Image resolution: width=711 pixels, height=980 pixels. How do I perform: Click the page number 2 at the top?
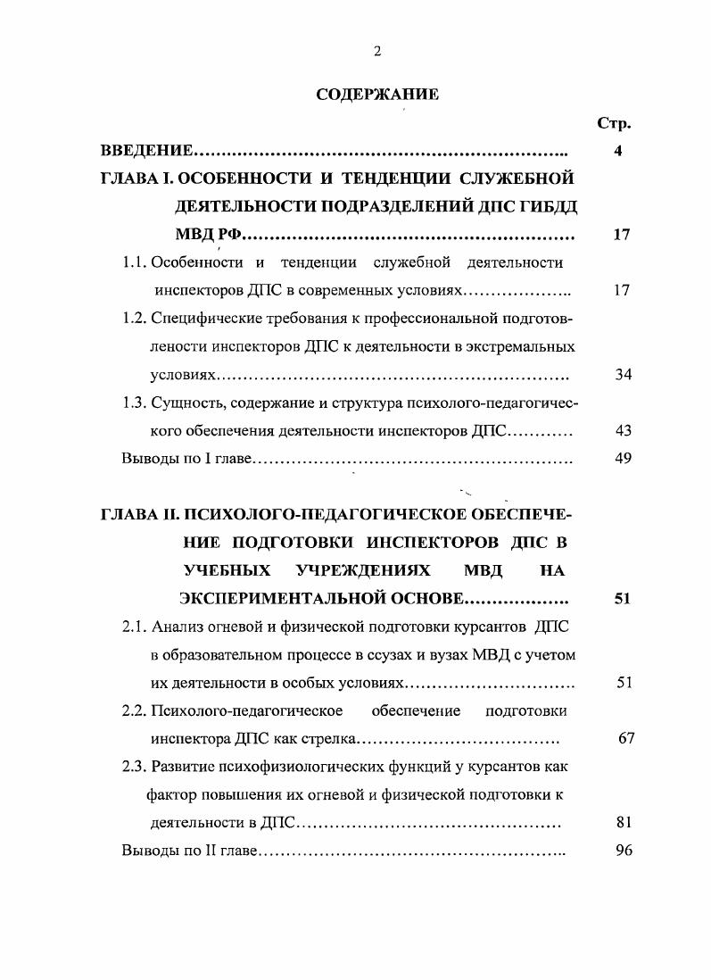(x=377, y=52)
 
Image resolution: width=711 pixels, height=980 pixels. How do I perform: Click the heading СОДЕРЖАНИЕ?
(x=377, y=96)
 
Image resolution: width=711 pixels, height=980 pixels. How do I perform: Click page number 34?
(x=623, y=374)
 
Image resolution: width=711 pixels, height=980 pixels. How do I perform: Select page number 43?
(x=623, y=430)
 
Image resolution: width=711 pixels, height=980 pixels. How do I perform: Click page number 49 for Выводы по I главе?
(x=623, y=459)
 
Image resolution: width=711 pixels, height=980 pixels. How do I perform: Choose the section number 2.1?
(x=136, y=627)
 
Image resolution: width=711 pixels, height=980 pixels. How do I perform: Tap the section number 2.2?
(x=136, y=710)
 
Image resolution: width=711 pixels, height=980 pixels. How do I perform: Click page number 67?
(x=625, y=739)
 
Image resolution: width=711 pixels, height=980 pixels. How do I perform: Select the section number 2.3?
(x=136, y=767)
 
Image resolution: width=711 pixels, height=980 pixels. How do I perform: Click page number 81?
(x=623, y=823)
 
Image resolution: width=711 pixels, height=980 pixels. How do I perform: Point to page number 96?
(x=623, y=851)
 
